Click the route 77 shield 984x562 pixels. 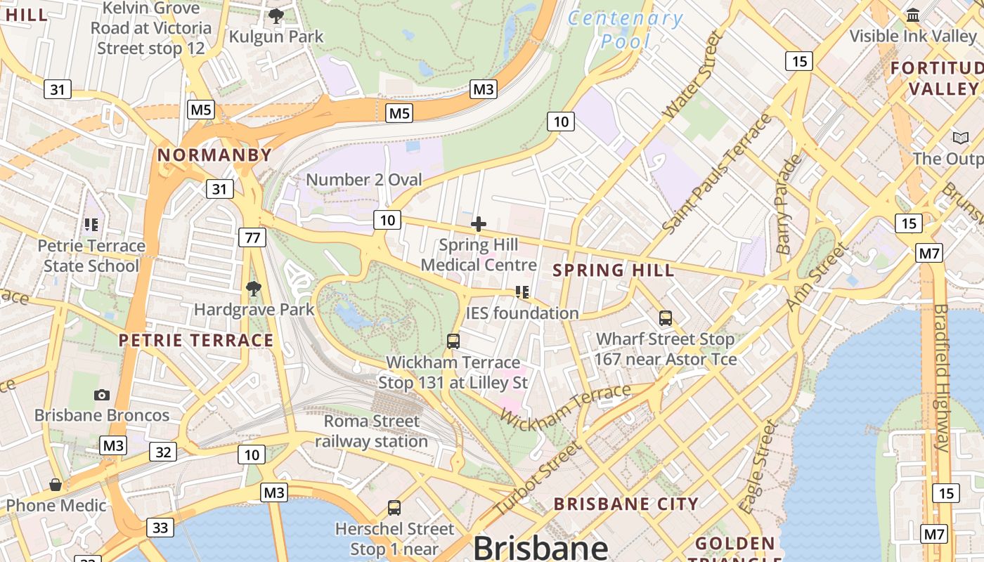point(252,237)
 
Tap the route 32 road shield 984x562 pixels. point(162,452)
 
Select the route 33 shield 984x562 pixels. point(160,527)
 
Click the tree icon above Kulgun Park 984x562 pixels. point(276,16)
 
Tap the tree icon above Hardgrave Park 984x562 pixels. point(254,288)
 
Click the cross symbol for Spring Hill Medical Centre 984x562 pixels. point(479,224)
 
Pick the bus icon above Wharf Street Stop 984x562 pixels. point(666,318)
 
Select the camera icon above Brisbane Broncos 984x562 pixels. point(102,395)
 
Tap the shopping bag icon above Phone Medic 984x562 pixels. point(56,485)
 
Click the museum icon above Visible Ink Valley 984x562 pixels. point(913,15)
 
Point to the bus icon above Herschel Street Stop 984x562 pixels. point(394,507)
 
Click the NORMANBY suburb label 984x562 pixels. point(214,155)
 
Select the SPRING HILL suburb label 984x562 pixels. point(614,270)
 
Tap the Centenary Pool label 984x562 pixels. point(625,30)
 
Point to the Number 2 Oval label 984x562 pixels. point(364,179)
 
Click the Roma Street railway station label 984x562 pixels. point(371,431)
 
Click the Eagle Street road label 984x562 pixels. point(759,466)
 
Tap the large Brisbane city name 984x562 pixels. point(540,547)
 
